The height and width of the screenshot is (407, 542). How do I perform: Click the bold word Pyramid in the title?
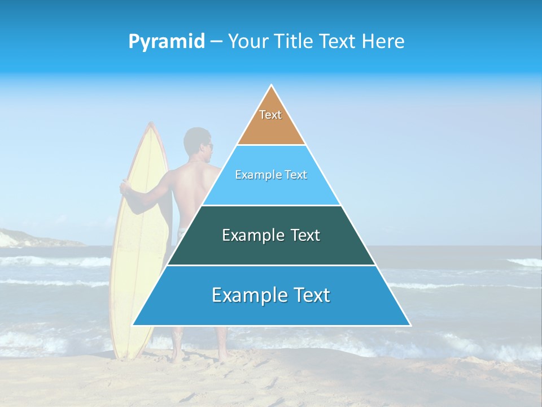coord(167,42)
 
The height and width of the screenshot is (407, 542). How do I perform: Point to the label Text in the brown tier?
coord(270,115)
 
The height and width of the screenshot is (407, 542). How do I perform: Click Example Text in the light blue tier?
coord(271,175)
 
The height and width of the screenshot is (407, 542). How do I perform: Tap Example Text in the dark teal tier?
coord(271,235)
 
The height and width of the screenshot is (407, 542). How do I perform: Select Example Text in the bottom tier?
coord(271,295)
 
